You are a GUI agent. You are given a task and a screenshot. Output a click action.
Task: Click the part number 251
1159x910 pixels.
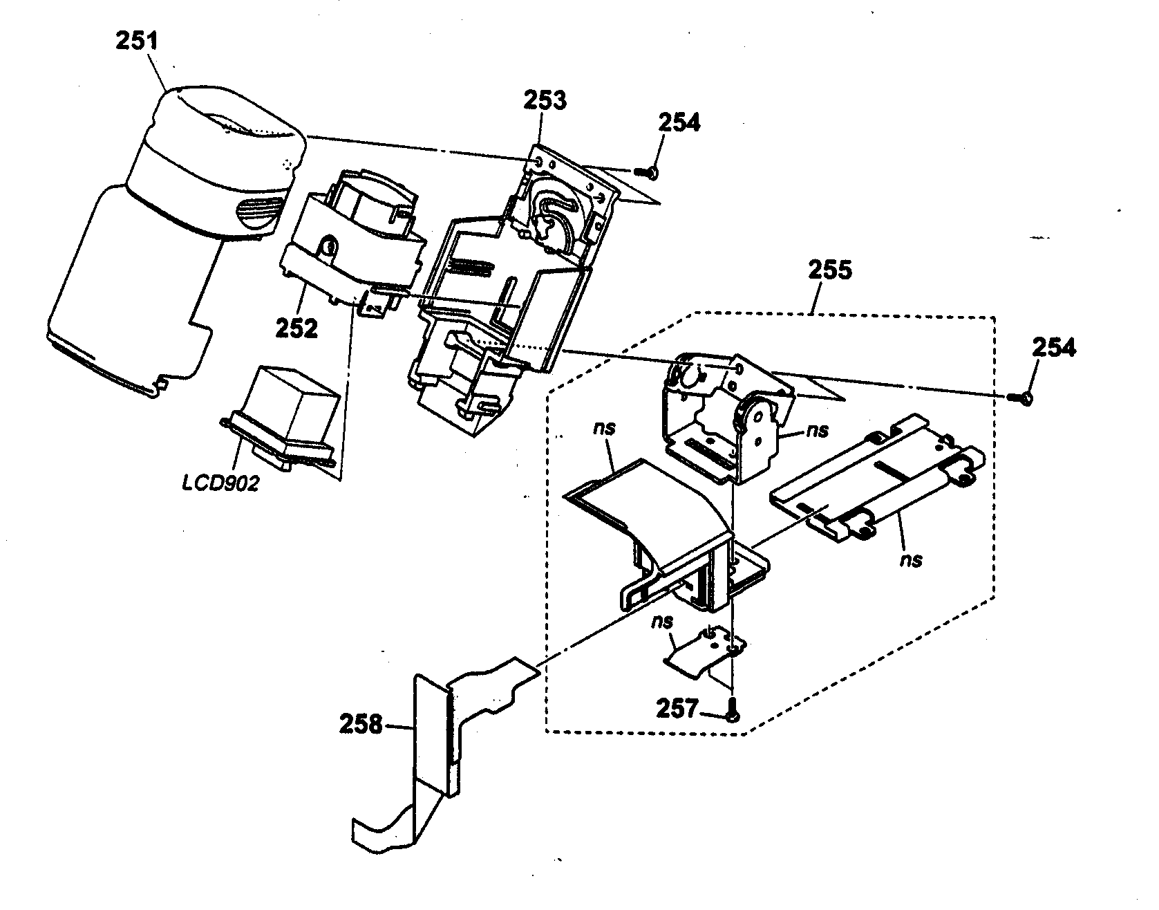click(136, 41)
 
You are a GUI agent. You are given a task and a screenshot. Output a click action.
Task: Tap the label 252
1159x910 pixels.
click(296, 328)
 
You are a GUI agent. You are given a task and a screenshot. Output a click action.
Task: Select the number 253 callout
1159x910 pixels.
click(544, 100)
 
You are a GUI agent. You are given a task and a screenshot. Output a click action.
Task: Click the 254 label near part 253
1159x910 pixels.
click(679, 122)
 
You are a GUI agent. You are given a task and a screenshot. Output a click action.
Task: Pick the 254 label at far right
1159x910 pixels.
click(1054, 348)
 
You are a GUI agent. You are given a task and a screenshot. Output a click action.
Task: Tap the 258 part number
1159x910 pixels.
click(361, 724)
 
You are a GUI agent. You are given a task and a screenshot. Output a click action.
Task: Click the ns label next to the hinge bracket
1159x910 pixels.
click(817, 431)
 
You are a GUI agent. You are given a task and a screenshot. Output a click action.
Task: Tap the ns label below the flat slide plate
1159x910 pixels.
click(912, 558)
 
